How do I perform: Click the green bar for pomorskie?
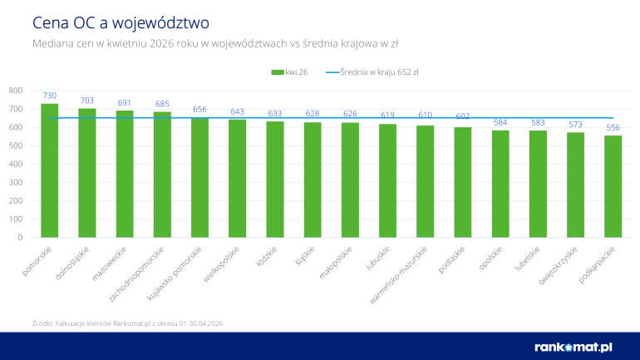click(x=49, y=170)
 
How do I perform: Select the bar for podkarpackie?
click(x=613, y=186)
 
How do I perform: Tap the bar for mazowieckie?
click(x=125, y=174)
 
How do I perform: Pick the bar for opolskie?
click(x=500, y=184)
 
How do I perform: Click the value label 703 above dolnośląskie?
click(x=87, y=101)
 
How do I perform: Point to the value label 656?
click(x=199, y=109)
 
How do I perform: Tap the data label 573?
click(x=575, y=124)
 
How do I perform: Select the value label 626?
click(x=350, y=114)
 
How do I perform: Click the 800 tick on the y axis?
click(x=16, y=91)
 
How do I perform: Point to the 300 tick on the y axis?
click(x=16, y=182)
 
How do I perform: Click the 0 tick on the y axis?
click(x=20, y=238)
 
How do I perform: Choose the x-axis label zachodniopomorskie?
click(x=136, y=274)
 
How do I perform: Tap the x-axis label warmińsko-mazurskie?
click(x=398, y=274)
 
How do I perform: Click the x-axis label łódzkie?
click(x=267, y=256)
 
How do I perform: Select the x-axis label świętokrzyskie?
click(x=559, y=265)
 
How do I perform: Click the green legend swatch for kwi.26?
click(x=278, y=72)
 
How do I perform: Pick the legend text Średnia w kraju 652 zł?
click(x=379, y=72)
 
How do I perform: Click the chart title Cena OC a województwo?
click(x=121, y=22)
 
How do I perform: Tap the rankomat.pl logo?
click(x=573, y=348)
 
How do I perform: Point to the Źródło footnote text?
click(x=127, y=323)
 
